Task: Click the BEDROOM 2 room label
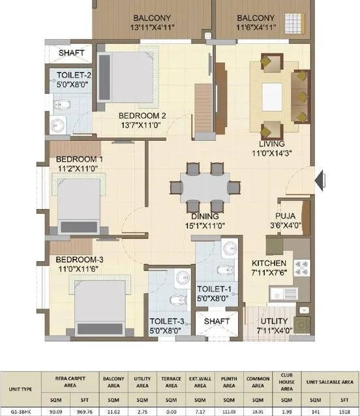tap(142, 115)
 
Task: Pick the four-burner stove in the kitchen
tap(302, 268)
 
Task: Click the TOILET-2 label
tap(74, 75)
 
